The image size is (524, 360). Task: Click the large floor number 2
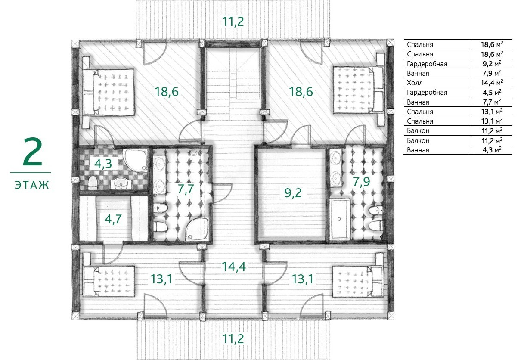click(33, 152)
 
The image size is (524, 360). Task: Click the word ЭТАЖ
click(32, 185)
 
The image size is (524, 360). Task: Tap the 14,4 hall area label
click(234, 267)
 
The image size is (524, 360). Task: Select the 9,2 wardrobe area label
click(293, 193)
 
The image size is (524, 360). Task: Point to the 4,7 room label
click(113, 219)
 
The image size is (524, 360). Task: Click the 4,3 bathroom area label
click(103, 164)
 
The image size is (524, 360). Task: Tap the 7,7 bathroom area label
click(186, 189)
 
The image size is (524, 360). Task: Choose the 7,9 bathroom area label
click(361, 182)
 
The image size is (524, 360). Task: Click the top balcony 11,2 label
click(233, 22)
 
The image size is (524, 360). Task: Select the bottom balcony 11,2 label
click(233, 339)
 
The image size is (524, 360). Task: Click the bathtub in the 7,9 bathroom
click(340, 219)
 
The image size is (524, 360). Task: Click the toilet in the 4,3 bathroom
click(93, 183)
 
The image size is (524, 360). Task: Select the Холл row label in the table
click(415, 83)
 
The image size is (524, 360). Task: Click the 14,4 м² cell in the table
click(492, 83)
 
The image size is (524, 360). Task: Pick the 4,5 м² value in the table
click(492, 93)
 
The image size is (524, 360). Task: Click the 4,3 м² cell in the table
click(492, 150)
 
